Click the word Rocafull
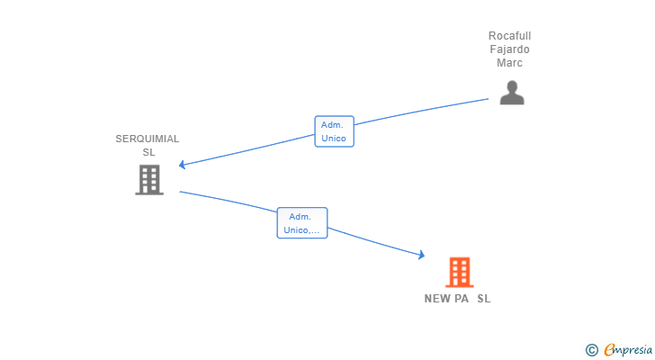tap(509, 36)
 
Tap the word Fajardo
tap(509, 49)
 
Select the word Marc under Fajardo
tap(509, 63)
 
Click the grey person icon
tap(512, 93)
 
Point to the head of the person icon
tap(512, 86)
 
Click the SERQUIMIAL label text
tap(147, 139)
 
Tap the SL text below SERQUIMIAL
tap(148, 152)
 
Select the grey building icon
tap(149, 180)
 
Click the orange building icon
tap(460, 273)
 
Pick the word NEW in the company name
tap(437, 299)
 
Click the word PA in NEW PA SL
tap(462, 299)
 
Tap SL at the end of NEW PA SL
tap(484, 299)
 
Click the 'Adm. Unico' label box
tap(334, 131)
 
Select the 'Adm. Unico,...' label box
tap(302, 223)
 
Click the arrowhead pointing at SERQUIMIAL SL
tap(182, 165)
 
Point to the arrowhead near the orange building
tap(422, 255)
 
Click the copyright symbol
tap(591, 350)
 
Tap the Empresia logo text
tap(628, 350)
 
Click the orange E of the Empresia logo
tap(609, 349)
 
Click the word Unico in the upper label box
tap(333, 139)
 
